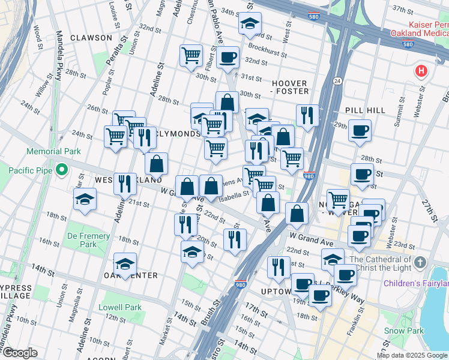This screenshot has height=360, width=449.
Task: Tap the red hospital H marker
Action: pos(421,71)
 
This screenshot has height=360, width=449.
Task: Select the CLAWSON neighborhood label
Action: pos(91,38)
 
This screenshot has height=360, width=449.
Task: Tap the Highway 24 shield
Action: pos(337,81)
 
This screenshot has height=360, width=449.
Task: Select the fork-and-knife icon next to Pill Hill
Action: pos(307,115)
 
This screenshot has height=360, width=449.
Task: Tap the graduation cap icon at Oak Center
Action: pos(125,263)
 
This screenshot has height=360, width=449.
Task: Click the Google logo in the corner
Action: pos(20,353)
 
